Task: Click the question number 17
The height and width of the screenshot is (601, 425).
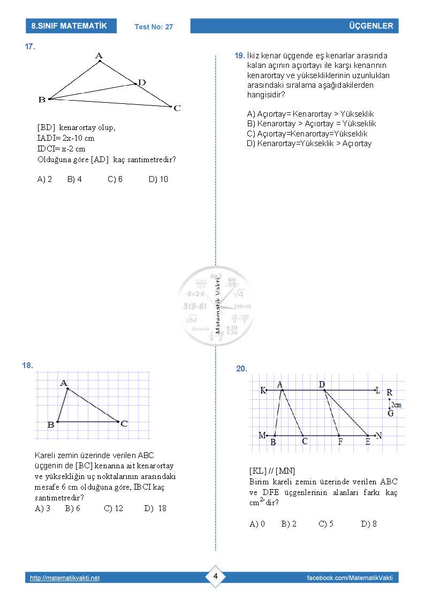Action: coord(30,47)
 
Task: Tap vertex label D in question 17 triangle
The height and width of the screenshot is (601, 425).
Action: coord(141,82)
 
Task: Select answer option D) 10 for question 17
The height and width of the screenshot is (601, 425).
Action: coord(158,179)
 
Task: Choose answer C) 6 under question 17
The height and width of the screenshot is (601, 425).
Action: coord(115,179)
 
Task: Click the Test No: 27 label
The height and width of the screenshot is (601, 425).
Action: coord(154,27)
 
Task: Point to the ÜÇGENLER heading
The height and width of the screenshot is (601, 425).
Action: coord(370,26)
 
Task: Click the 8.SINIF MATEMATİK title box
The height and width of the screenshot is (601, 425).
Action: coord(70,26)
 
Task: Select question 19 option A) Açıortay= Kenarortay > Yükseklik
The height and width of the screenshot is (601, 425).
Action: coord(310,114)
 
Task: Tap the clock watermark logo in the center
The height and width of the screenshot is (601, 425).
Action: coord(216,306)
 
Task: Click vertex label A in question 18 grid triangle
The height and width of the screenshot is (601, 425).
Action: coord(64,383)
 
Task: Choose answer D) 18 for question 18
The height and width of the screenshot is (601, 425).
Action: coord(155,508)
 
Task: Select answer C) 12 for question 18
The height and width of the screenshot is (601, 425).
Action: coord(113,508)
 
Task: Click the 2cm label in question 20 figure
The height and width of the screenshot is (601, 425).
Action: coord(396,405)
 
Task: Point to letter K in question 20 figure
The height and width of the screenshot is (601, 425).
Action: coord(263,391)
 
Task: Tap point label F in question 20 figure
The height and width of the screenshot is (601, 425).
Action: coord(340,442)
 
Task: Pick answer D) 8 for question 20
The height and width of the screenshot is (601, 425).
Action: coord(369,524)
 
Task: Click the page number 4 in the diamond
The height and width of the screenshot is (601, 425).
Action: coord(215,576)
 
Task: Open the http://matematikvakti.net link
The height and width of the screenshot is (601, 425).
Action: coord(65,578)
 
